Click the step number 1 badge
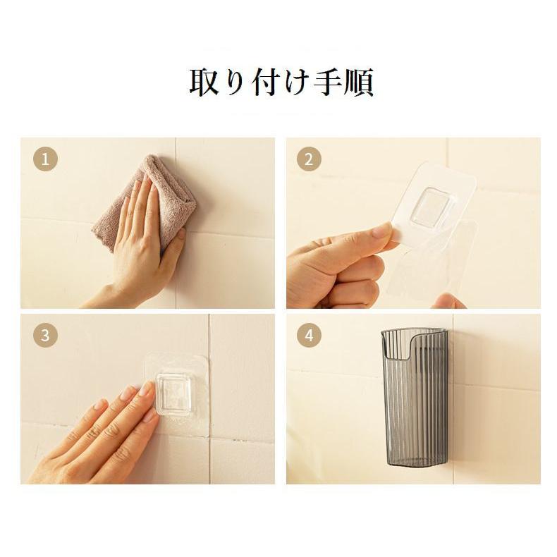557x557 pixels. coord(45,159)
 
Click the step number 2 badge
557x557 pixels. coord(308,159)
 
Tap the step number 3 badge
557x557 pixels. coord(45,336)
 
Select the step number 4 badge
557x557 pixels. coord(308,336)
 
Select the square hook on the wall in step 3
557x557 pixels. coord(174,393)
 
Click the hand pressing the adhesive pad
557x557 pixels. coord(99,437)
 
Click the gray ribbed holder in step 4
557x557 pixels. coord(414,402)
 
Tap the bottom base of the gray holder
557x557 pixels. coord(414,462)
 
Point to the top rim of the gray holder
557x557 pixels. coord(414,333)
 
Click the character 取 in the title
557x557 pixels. coord(205,82)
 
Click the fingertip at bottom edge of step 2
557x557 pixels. coord(448,302)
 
